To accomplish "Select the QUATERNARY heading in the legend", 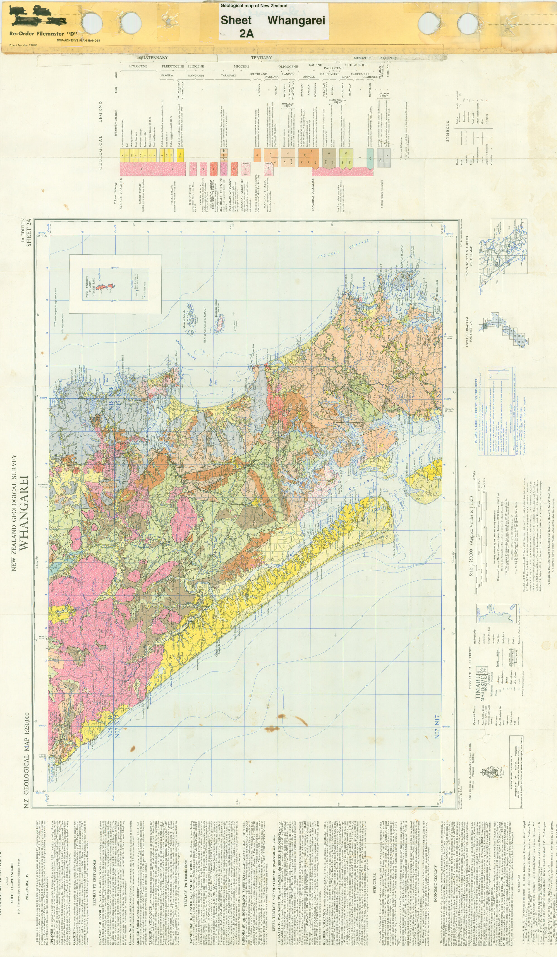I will tap(153, 57).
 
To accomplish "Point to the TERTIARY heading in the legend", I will tap(261, 58).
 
